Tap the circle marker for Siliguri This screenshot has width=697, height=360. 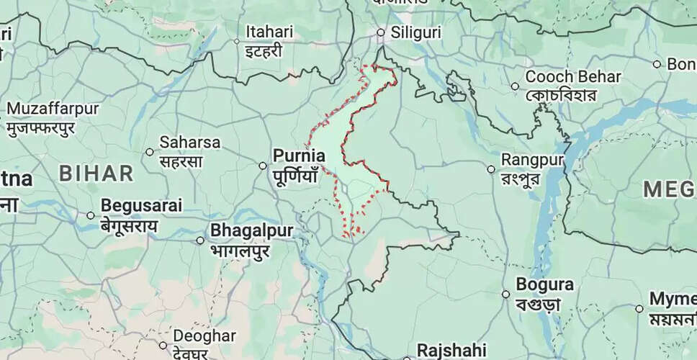coord(382,32)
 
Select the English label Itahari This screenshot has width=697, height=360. coord(269,32)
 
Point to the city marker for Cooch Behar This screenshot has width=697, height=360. coord(515,86)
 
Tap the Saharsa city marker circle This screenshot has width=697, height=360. coord(149,151)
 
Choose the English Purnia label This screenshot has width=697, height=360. coord(299,155)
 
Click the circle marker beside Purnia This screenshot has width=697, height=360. coord(263,166)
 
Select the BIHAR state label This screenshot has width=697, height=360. coord(96,173)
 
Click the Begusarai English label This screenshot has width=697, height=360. coord(141,204)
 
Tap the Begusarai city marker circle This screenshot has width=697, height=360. coord(91,215)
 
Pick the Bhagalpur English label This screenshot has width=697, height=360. coord(251,231)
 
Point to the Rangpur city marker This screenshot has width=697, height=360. coord(491,169)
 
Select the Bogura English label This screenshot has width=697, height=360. coord(546,284)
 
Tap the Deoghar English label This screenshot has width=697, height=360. coord(204,336)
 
